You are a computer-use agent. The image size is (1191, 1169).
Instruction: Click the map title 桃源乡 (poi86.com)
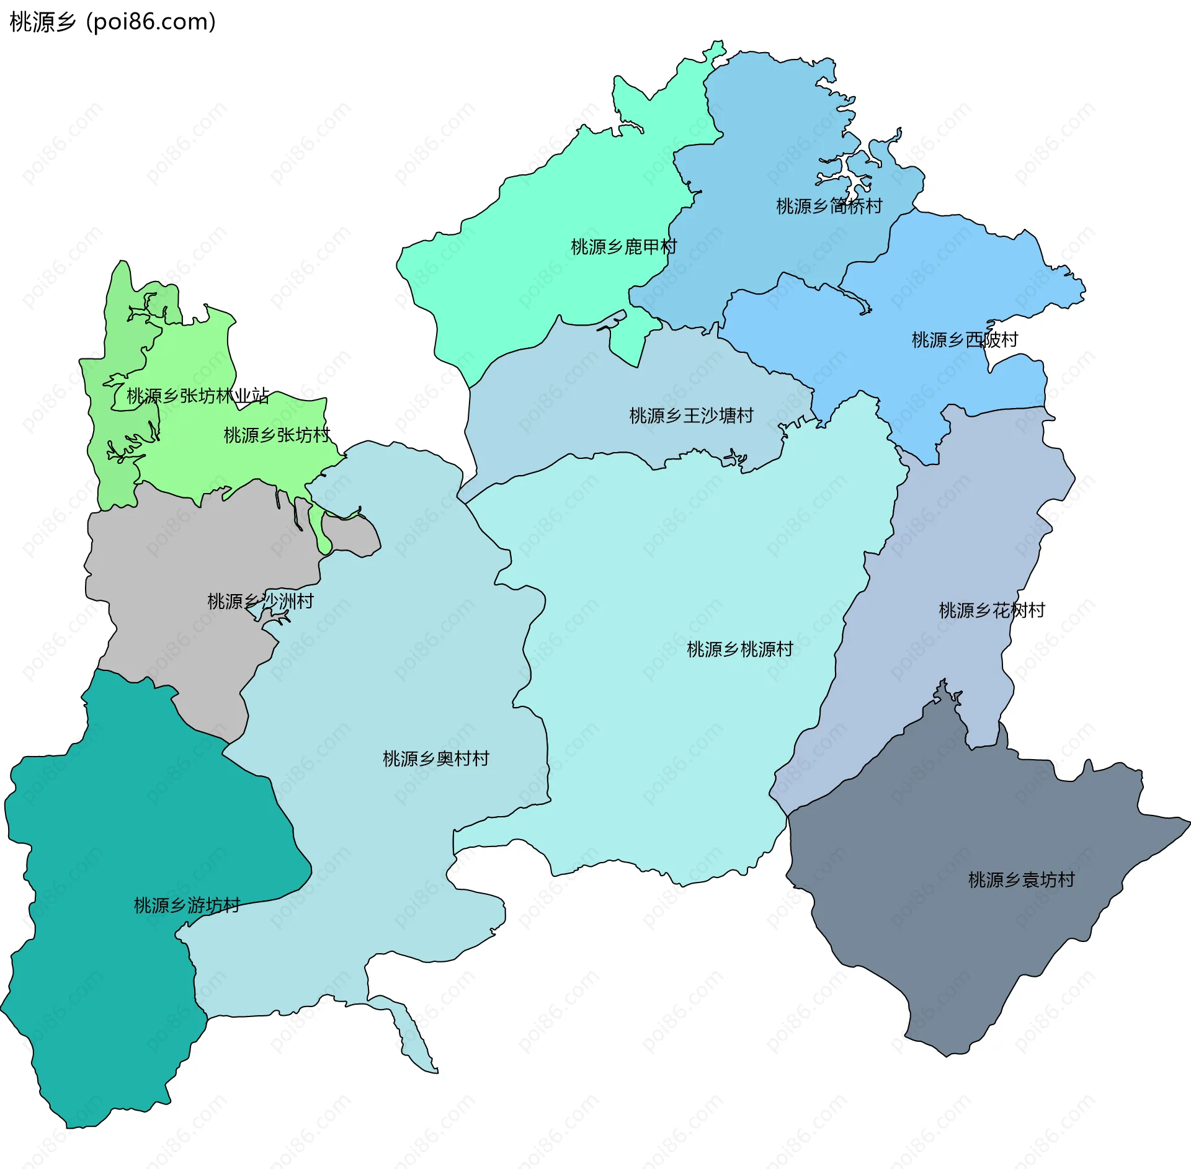click(112, 22)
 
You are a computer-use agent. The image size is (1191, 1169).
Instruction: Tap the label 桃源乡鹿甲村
click(623, 247)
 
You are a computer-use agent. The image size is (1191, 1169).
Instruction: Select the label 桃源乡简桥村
click(829, 206)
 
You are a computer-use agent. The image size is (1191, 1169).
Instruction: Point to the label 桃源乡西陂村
click(965, 339)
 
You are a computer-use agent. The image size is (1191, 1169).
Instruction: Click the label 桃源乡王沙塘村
click(691, 416)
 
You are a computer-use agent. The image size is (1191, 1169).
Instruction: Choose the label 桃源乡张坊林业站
click(198, 396)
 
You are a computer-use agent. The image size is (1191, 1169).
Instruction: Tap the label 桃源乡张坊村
click(277, 435)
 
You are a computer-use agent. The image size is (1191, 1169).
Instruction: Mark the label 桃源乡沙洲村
click(260, 601)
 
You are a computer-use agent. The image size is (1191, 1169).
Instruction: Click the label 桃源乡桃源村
click(739, 649)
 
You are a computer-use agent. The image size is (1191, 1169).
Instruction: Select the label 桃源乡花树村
click(991, 610)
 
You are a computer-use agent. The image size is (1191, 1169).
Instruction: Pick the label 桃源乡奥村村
click(435, 758)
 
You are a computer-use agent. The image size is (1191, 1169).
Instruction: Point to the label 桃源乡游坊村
click(187, 905)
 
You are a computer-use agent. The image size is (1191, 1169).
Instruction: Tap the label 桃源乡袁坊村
click(1021, 879)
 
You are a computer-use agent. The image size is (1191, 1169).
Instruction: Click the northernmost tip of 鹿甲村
click(720, 43)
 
